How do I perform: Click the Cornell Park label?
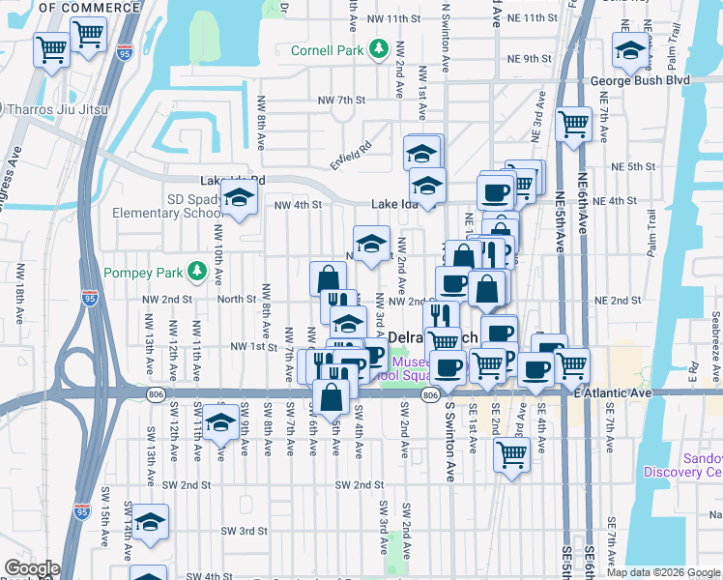332,48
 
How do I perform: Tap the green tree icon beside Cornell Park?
380,48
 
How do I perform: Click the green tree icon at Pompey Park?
197,270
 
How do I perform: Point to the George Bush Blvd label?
640,80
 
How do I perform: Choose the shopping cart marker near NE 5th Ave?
573,124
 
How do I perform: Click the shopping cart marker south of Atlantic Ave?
511,452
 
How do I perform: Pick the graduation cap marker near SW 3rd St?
150,522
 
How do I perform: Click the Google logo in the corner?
32,568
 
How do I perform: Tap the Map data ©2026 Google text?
663,572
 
